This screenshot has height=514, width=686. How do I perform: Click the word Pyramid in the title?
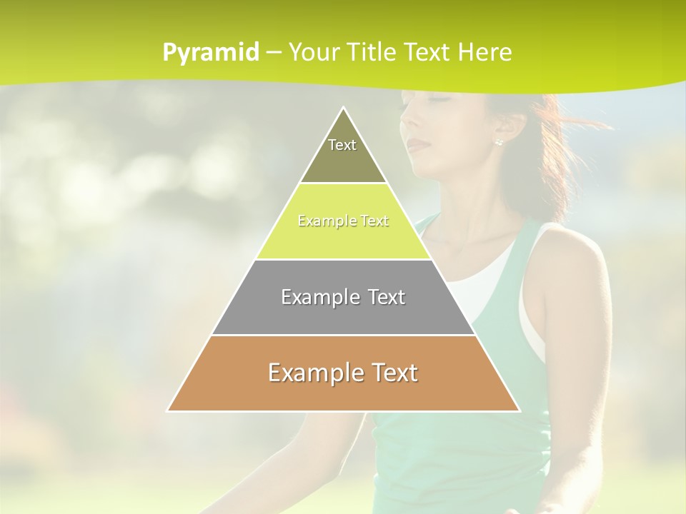210,53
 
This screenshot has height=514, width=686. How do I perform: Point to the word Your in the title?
313,52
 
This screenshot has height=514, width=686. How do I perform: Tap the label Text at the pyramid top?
342,145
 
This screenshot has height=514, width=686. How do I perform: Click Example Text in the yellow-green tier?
343,221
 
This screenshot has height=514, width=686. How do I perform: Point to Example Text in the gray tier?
343,297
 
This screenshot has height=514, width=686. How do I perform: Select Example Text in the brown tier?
343,373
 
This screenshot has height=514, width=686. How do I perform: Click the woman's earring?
498,141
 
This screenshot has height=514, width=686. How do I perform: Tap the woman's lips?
419,146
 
